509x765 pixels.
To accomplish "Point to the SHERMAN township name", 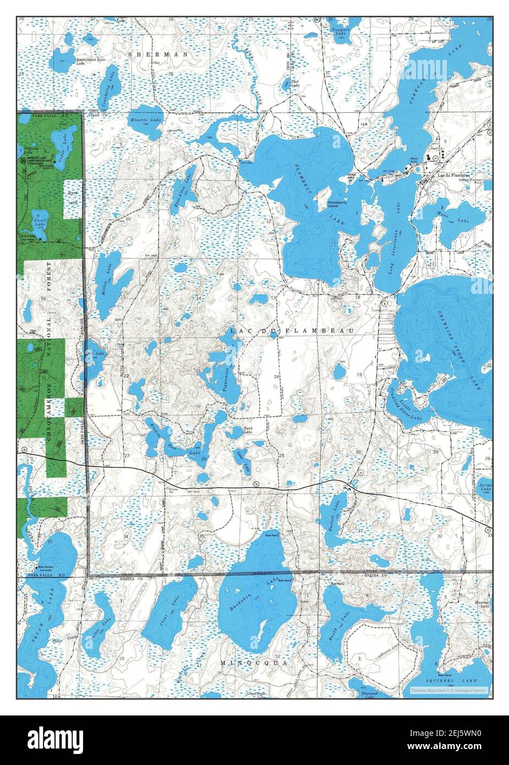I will (158, 54).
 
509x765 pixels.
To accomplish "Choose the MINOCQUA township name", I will (254, 663).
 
